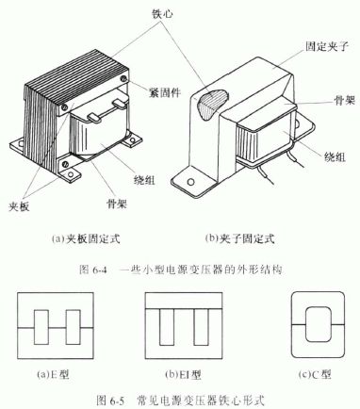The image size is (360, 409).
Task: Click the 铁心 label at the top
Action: point(162,14)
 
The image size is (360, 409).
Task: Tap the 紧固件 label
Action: point(165,92)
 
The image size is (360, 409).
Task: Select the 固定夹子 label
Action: point(327,46)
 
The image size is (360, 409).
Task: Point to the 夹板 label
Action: point(19,206)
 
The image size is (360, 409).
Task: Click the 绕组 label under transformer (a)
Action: point(144,180)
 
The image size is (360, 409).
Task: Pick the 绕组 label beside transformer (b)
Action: point(335,156)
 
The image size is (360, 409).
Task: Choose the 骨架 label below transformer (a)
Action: point(116,204)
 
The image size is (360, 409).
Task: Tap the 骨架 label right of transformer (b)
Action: point(344,100)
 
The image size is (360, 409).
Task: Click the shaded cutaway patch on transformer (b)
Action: point(211,104)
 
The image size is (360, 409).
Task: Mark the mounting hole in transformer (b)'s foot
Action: point(188,182)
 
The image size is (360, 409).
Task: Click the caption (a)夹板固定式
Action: point(86,238)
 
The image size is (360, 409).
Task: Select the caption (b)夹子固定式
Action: point(240,238)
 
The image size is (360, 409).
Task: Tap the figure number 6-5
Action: point(117,401)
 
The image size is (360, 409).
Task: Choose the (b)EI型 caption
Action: point(183,374)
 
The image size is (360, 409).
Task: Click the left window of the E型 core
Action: point(41,327)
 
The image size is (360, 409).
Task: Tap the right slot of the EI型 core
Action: point(202,327)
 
